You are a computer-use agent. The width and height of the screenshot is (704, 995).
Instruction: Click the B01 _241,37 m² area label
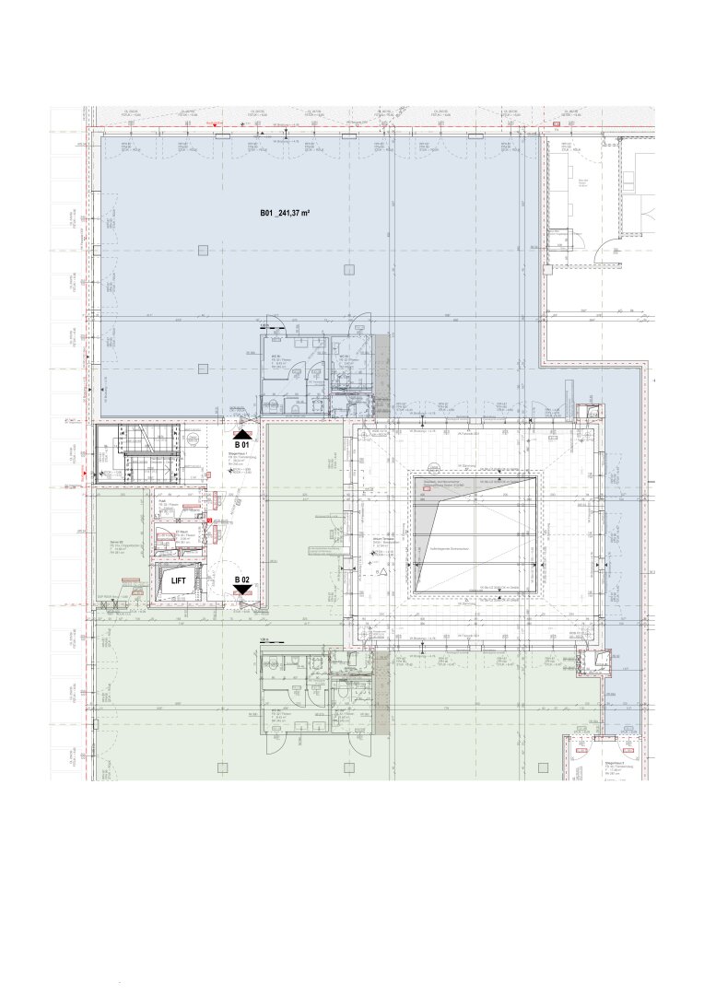[x=285, y=213]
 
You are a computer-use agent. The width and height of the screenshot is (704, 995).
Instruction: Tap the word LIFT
[x=178, y=581]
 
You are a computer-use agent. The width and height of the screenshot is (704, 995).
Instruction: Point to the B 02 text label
[x=242, y=579]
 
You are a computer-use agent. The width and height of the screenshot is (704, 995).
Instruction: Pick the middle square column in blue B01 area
[x=347, y=269]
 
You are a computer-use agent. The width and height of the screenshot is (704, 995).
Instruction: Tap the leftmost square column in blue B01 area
[x=202, y=248]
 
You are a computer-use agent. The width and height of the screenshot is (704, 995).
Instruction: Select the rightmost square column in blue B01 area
[x=530, y=248]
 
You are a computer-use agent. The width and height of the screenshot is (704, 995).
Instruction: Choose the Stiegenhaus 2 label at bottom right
[x=589, y=764]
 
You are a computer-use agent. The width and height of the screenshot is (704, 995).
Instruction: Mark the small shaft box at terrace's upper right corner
[x=590, y=415]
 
